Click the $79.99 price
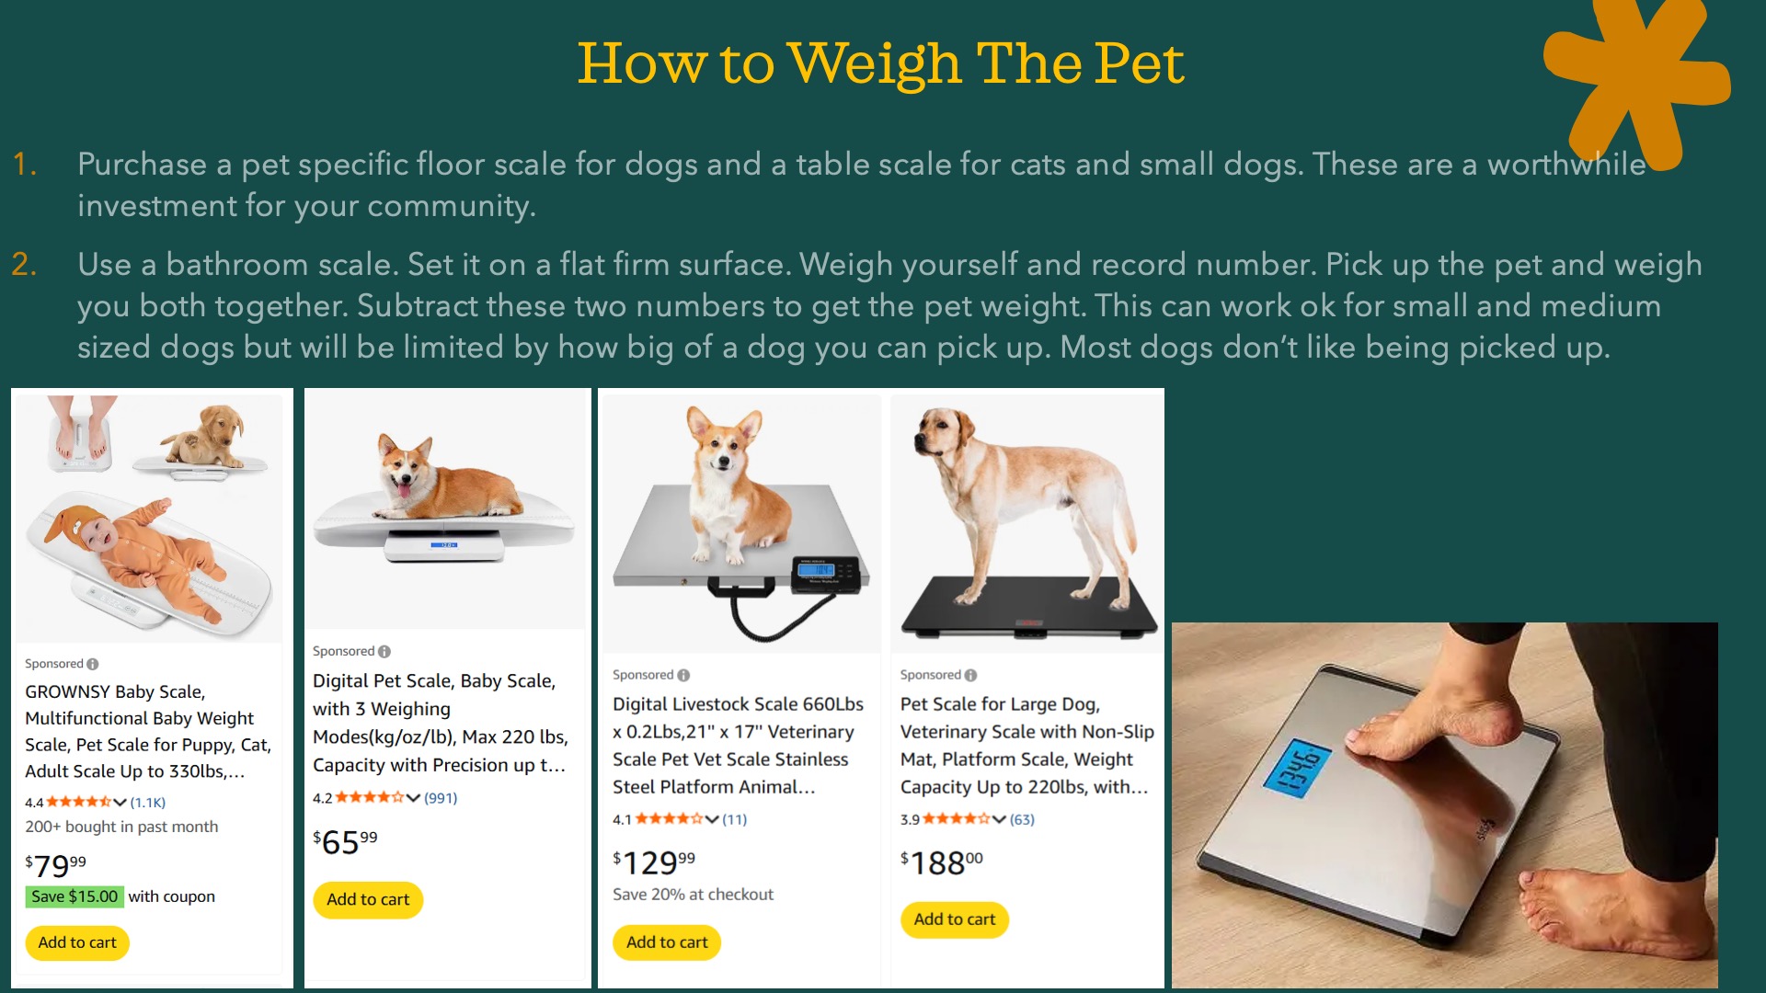(56, 865)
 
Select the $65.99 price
(345, 841)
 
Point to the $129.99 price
(654, 862)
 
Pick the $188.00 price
(942, 862)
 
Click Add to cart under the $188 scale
(955, 919)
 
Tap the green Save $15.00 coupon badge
(75, 896)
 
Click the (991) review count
(441, 798)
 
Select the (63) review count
(1022, 819)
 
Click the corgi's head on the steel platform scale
(725, 446)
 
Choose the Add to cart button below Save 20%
(667, 942)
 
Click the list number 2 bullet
(25, 265)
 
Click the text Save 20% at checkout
(693, 895)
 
